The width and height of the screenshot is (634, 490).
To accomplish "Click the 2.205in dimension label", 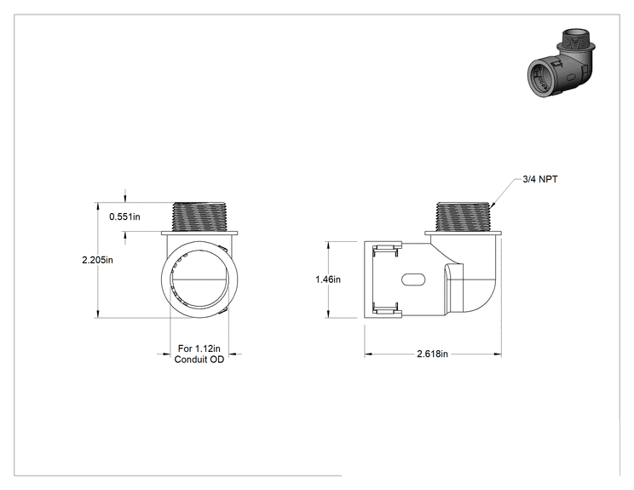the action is click(x=97, y=260).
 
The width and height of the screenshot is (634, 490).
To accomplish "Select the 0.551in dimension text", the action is click(x=124, y=216).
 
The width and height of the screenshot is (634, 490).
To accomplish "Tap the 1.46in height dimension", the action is click(x=328, y=280).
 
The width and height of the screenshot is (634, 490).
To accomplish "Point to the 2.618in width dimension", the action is click(x=433, y=354).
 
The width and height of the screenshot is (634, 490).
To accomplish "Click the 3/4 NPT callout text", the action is click(x=540, y=179).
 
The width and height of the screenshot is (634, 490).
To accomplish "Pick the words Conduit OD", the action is click(x=199, y=360).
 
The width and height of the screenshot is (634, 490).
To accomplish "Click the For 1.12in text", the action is click(x=199, y=349).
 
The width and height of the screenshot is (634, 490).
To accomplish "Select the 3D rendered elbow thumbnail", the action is click(x=562, y=61).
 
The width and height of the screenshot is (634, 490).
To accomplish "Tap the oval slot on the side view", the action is click(x=413, y=280).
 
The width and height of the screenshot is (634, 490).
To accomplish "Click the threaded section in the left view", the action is click(x=199, y=216).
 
